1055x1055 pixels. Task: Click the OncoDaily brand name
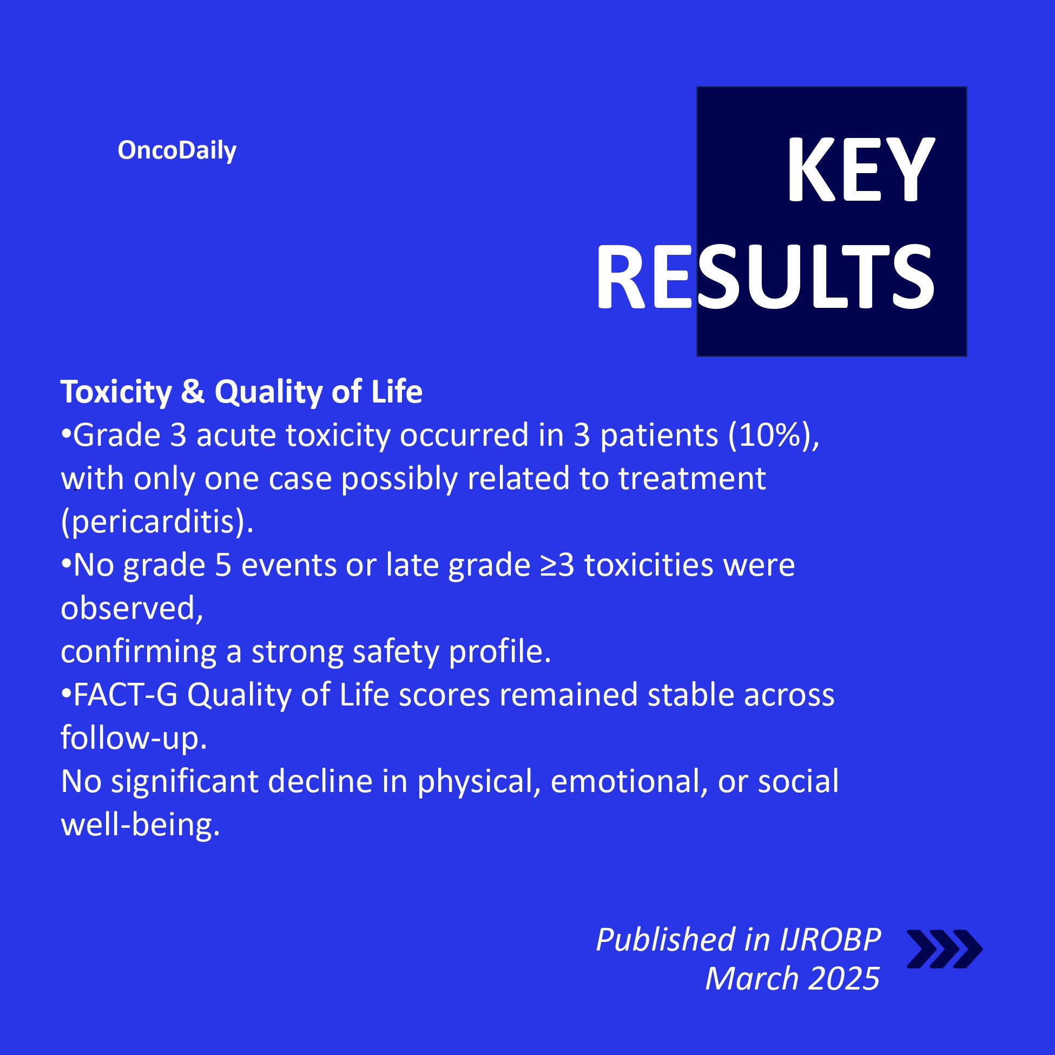click(177, 150)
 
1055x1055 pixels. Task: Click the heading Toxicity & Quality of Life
click(241, 392)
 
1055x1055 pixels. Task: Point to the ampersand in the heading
click(193, 392)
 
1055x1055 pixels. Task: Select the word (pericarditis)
click(157, 522)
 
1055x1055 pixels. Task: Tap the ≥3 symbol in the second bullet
click(558, 565)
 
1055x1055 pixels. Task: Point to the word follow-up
click(134, 738)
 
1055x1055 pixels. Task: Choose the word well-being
click(140, 825)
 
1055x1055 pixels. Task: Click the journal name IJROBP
click(830, 940)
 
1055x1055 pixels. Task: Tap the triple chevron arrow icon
click(945, 949)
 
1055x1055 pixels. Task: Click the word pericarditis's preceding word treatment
click(692, 479)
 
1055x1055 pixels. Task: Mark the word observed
click(131, 608)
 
